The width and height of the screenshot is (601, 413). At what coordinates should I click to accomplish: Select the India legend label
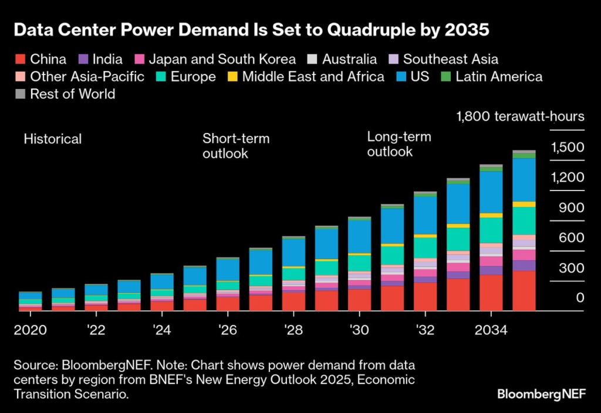[x=107, y=59]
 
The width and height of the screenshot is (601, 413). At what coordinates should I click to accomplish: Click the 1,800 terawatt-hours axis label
[x=520, y=116]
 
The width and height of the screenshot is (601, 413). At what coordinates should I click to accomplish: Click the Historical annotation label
[x=53, y=139]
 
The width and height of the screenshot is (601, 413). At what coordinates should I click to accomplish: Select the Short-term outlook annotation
[x=236, y=146]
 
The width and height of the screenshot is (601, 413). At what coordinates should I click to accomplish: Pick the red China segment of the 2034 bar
[x=491, y=292]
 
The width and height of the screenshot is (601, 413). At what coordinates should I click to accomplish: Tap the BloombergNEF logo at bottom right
[x=541, y=394]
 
